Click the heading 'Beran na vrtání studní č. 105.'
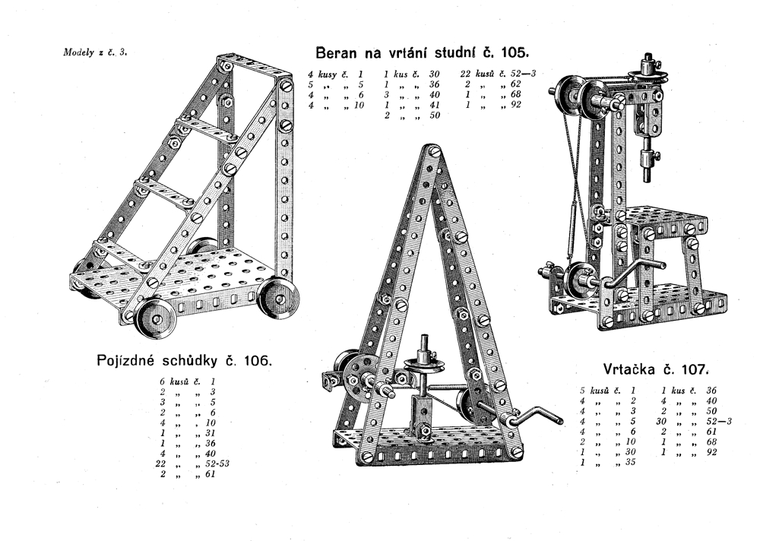click(421, 52)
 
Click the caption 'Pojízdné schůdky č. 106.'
click(185, 361)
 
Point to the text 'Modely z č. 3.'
click(95, 52)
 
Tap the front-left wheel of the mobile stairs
click(156, 318)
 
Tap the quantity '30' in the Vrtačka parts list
click(661, 421)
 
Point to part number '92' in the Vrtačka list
click(711, 452)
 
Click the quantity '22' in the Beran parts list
click(465, 74)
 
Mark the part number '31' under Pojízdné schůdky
click(210, 432)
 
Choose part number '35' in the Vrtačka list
click(629, 462)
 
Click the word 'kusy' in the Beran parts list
click(327, 74)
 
